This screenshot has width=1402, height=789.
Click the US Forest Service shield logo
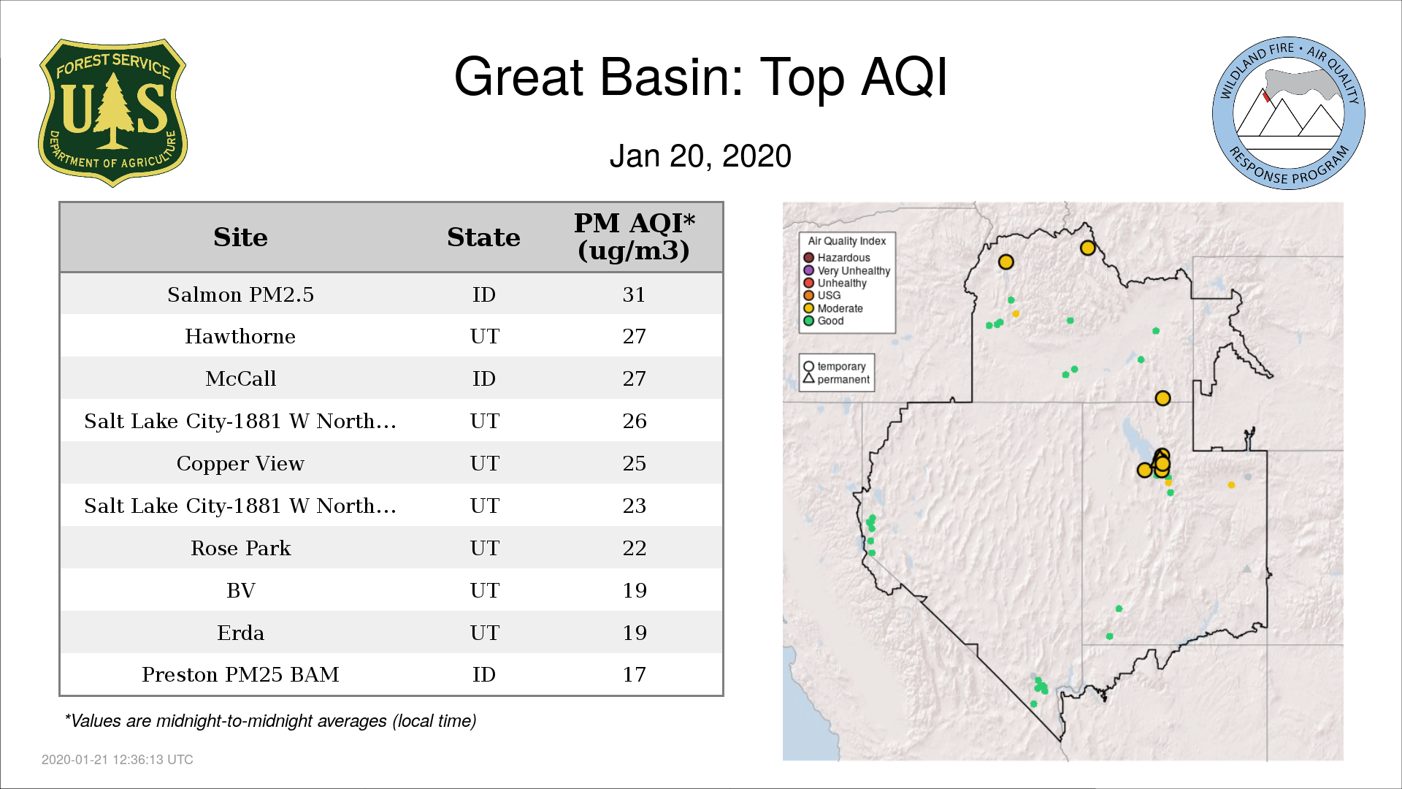[112, 113]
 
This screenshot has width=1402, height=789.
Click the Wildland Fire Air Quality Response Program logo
[1289, 113]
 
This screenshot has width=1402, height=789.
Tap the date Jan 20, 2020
[700, 156]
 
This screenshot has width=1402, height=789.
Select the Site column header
[240, 237]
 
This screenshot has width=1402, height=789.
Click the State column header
[483, 237]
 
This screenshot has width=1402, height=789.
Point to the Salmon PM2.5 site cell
[240, 294]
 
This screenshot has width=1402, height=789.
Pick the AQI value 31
[634, 294]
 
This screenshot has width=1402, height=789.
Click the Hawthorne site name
[240, 336]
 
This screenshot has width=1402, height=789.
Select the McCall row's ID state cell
[483, 378]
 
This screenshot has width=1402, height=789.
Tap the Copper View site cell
[240, 464]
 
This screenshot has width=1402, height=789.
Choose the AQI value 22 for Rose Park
[634, 548]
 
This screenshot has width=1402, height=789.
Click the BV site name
[240, 590]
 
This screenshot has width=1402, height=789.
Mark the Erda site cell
[240, 633]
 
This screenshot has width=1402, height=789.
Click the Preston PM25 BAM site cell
[240, 674]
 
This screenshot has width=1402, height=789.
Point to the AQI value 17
[634, 674]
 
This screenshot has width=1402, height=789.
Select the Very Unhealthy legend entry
[847, 270]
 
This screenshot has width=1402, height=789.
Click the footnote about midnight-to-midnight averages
[270, 721]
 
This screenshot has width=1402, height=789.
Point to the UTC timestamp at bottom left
[118, 760]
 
